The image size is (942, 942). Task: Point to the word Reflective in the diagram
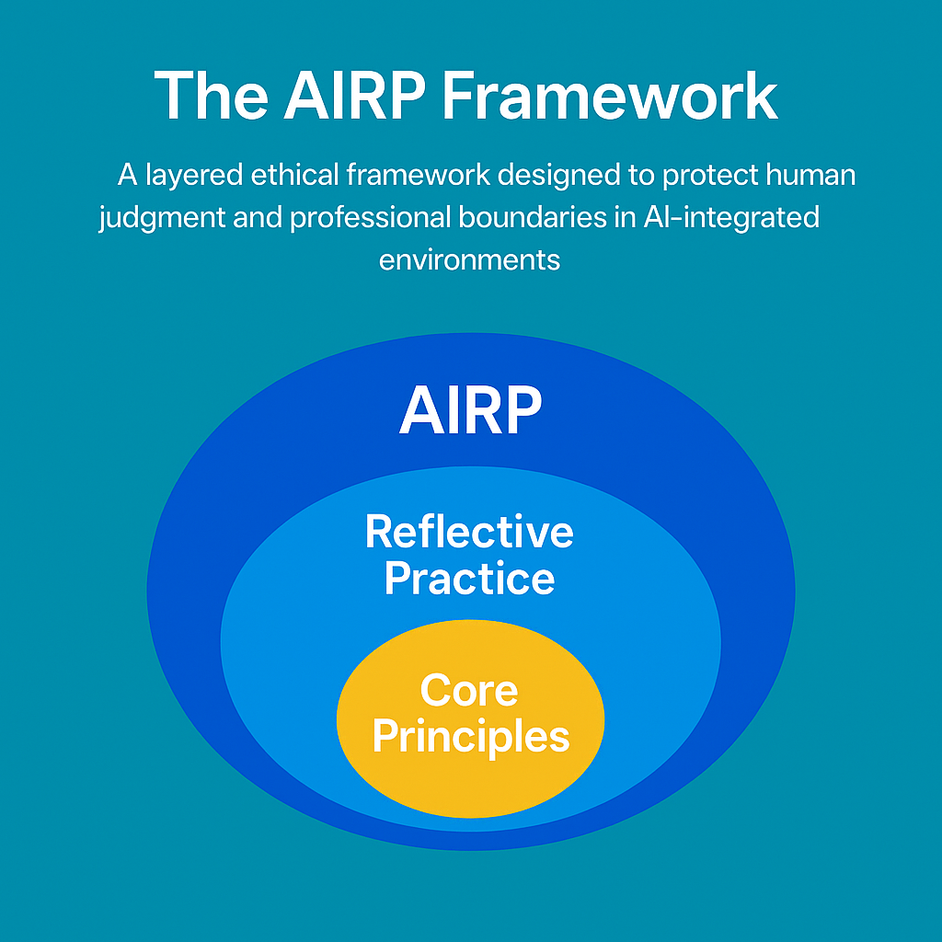click(469, 532)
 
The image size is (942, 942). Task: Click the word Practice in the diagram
click(469, 579)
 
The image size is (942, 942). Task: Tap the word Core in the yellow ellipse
click(469, 690)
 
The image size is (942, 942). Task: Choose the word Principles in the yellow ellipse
click(470, 736)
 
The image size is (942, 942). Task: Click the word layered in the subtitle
click(193, 175)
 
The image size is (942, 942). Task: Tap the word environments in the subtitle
click(469, 259)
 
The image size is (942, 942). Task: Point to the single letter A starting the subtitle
click(127, 175)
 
